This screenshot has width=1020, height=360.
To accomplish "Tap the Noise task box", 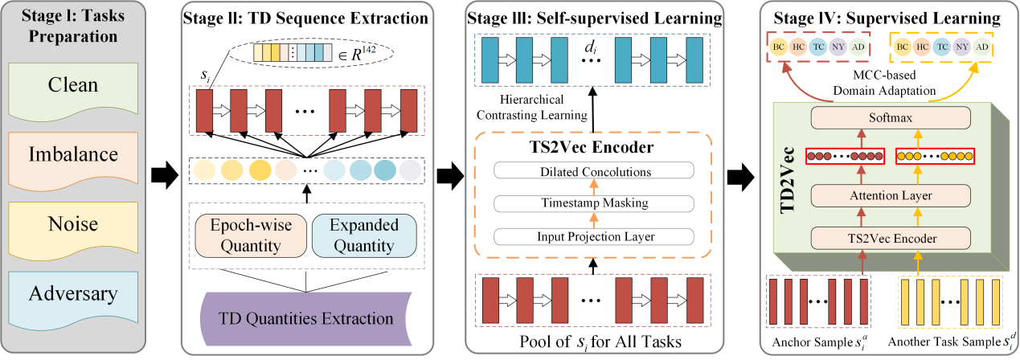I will tap(73, 223).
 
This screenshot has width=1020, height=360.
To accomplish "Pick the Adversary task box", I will tap(73, 293).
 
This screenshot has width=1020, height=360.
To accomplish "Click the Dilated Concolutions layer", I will tap(594, 170).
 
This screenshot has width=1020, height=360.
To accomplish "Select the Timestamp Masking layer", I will tap(594, 203).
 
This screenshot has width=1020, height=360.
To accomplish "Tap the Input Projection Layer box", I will tap(594, 236).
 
